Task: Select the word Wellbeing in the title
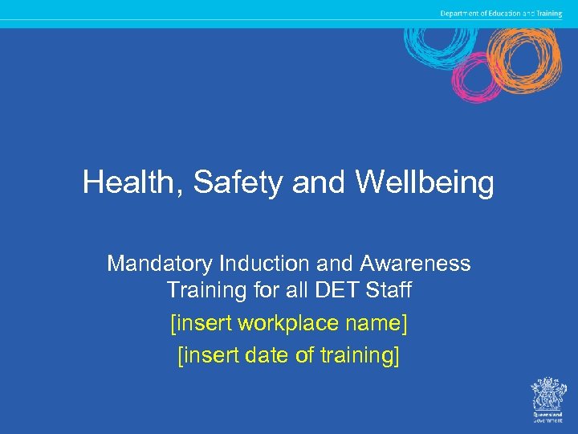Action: pyautogui.click(x=425, y=183)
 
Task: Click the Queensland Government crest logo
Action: pyautogui.click(x=549, y=397)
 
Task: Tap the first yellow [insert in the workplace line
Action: pyautogui.click(x=201, y=324)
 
